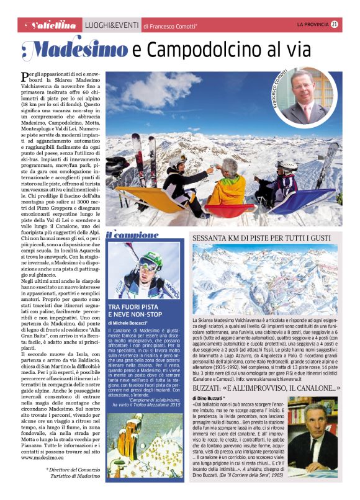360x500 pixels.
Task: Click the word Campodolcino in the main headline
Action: coord(220,49)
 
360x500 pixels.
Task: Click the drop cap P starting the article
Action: coord(24,77)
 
